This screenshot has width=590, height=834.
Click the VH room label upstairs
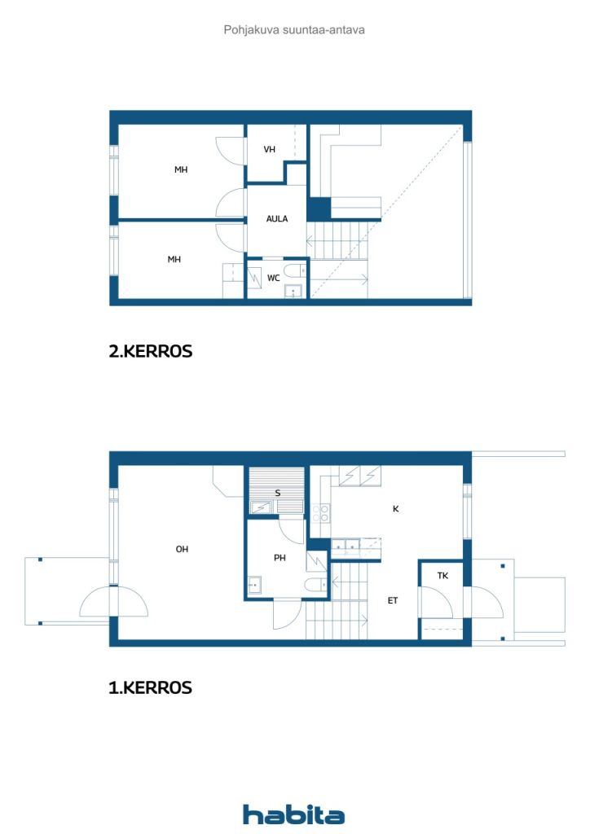click(x=269, y=150)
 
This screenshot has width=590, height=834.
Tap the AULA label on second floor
click(x=276, y=218)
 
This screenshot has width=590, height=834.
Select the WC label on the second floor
click(x=274, y=278)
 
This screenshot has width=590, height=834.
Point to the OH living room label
click(x=182, y=549)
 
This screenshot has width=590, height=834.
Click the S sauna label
click(x=277, y=493)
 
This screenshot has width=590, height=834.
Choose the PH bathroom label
click(x=280, y=557)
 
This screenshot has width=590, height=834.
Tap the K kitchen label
click(x=395, y=509)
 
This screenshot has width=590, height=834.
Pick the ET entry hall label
click(x=393, y=600)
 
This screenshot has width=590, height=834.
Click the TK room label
click(x=442, y=576)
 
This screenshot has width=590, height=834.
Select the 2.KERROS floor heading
click(x=151, y=351)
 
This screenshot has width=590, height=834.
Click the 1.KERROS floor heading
click(x=150, y=687)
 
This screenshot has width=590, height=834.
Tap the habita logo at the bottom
click(x=293, y=814)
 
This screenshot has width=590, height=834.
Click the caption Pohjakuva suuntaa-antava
click(x=294, y=30)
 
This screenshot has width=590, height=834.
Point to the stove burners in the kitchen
click(x=321, y=514)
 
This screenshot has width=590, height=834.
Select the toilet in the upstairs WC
click(x=295, y=271)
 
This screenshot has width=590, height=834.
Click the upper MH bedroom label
click(x=181, y=169)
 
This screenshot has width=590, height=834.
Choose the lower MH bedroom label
click(x=174, y=260)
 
